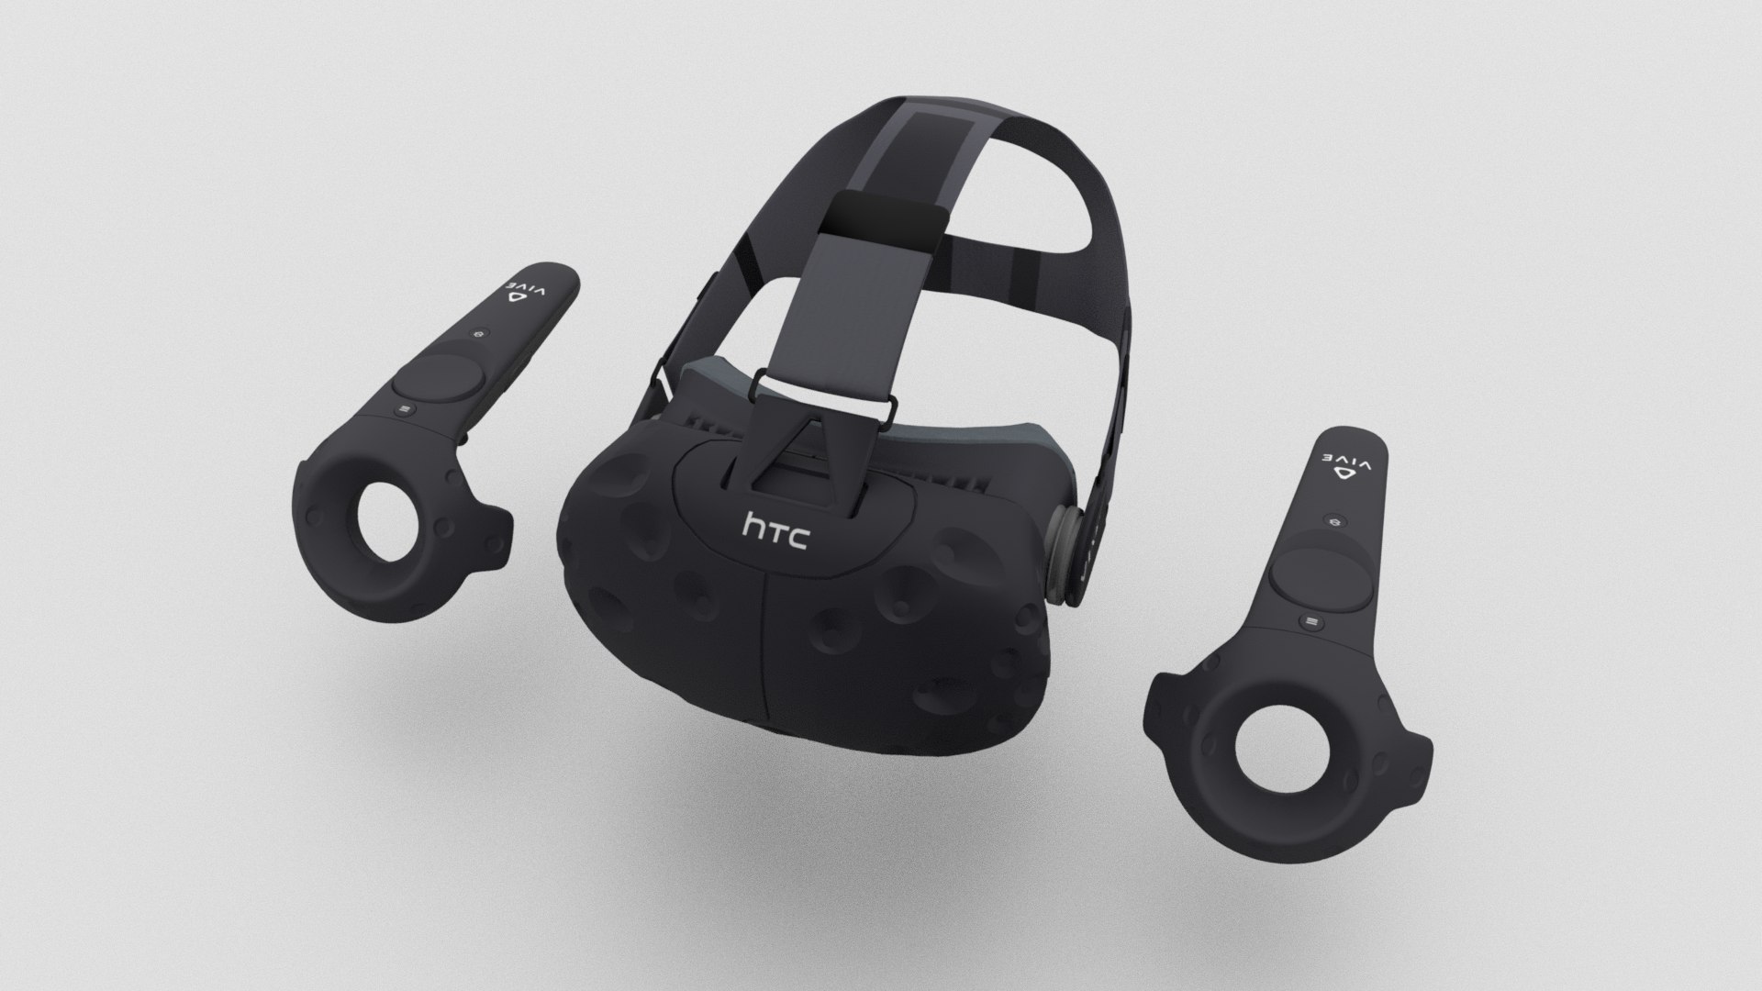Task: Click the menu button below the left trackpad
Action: (x=405, y=404)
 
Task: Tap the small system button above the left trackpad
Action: (x=479, y=337)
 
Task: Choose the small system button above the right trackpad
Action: (x=1335, y=520)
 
